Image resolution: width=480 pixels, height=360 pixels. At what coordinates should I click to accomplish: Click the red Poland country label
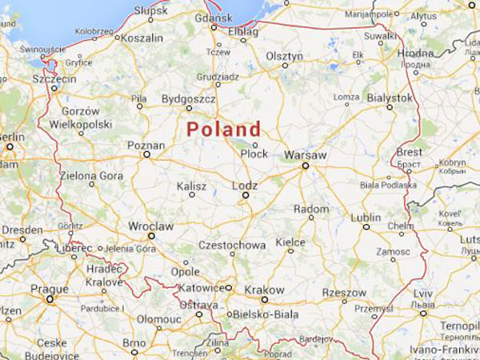[x=223, y=129]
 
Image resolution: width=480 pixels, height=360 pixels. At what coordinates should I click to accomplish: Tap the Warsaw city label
[x=305, y=155]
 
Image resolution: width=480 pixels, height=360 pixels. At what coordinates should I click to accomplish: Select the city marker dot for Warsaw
[x=305, y=166]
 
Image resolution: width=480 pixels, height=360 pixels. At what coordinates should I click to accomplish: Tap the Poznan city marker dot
[x=146, y=154]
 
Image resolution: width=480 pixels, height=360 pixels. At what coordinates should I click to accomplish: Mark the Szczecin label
[x=54, y=80]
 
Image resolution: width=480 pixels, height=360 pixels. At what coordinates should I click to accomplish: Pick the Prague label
[x=50, y=288]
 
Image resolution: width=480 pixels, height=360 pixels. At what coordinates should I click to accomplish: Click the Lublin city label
[x=366, y=217]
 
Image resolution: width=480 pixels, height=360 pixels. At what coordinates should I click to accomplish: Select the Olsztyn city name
[x=284, y=56]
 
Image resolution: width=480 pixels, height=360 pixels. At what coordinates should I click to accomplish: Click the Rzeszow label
[x=344, y=293]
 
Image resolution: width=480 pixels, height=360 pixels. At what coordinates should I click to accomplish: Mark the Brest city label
[x=410, y=152]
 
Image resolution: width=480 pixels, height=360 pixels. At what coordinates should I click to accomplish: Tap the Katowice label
[x=201, y=288]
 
